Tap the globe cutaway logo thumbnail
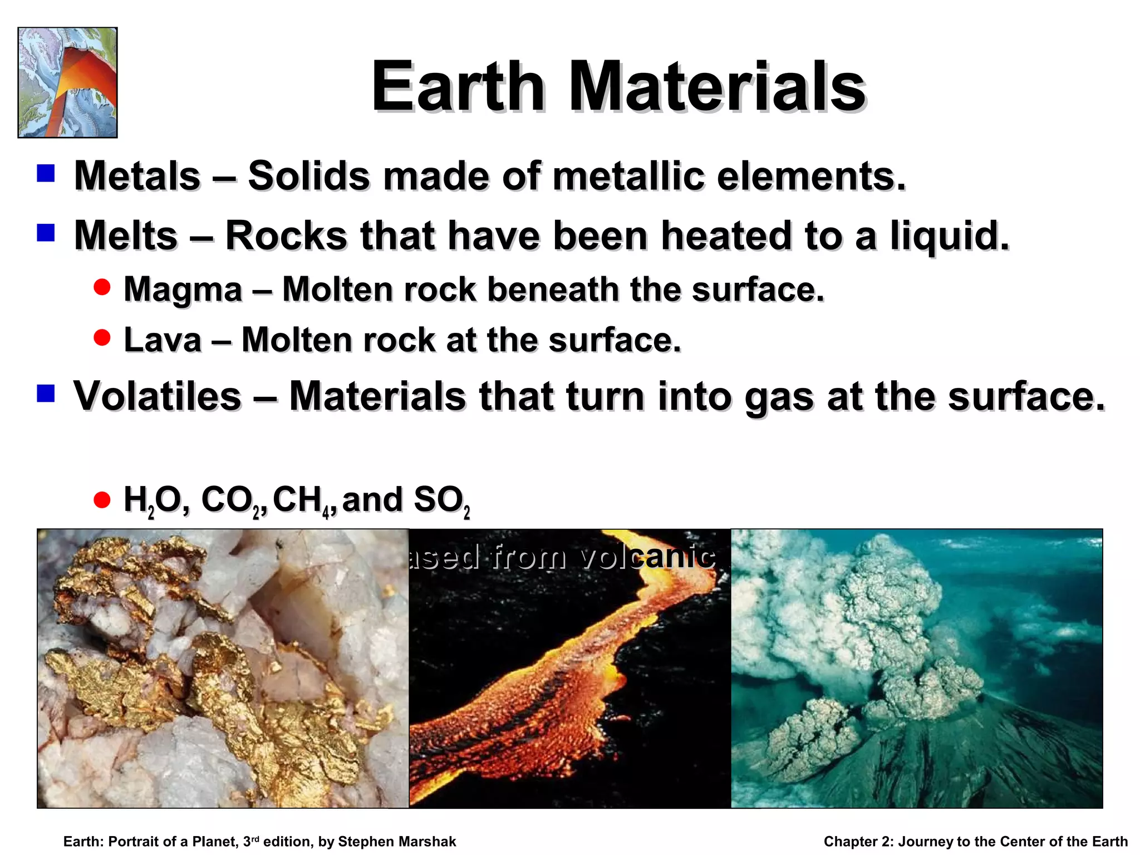coord(67,82)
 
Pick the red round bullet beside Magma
coord(102,287)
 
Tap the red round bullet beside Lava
coord(102,337)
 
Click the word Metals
coord(137,176)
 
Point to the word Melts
coord(126,235)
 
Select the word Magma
coord(183,290)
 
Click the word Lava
coord(162,340)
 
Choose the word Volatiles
coord(158,396)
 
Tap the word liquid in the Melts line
coord(949,235)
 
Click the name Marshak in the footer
coord(426,842)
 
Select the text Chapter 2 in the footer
coord(857,842)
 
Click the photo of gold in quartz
coord(223,668)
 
